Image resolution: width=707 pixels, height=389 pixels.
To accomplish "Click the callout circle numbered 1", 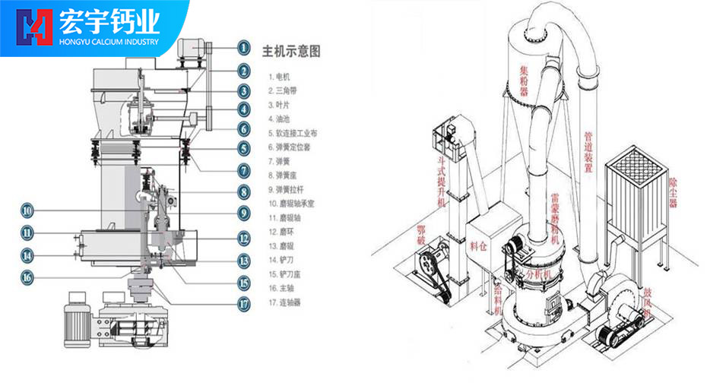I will pos(243,47).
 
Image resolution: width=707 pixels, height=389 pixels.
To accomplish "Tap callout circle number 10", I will pos(27,210).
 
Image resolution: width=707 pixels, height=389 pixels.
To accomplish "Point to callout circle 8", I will pos(243,192).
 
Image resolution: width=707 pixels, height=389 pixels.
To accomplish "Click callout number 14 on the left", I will pos(27,255).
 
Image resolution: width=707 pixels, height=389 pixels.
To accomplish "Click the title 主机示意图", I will pos(291,52).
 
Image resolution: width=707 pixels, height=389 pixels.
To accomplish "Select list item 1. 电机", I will pos(279,77).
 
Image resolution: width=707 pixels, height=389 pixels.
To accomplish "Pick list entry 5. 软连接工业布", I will pos(293,133).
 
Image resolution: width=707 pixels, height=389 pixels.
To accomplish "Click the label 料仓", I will pos(478,245).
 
